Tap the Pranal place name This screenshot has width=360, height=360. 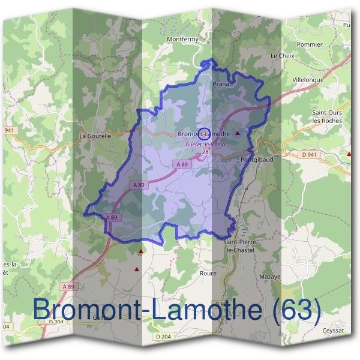tap(222, 85)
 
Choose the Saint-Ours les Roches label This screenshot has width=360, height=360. tap(327, 116)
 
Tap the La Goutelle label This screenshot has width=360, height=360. tap(95, 136)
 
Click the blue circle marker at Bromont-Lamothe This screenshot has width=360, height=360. tap(203, 133)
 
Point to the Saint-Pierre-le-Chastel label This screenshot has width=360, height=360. tap(239, 245)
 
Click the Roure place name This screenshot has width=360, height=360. tap(207, 272)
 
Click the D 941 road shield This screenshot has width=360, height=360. tap(308, 155)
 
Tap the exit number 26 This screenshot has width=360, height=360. tap(205, 152)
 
